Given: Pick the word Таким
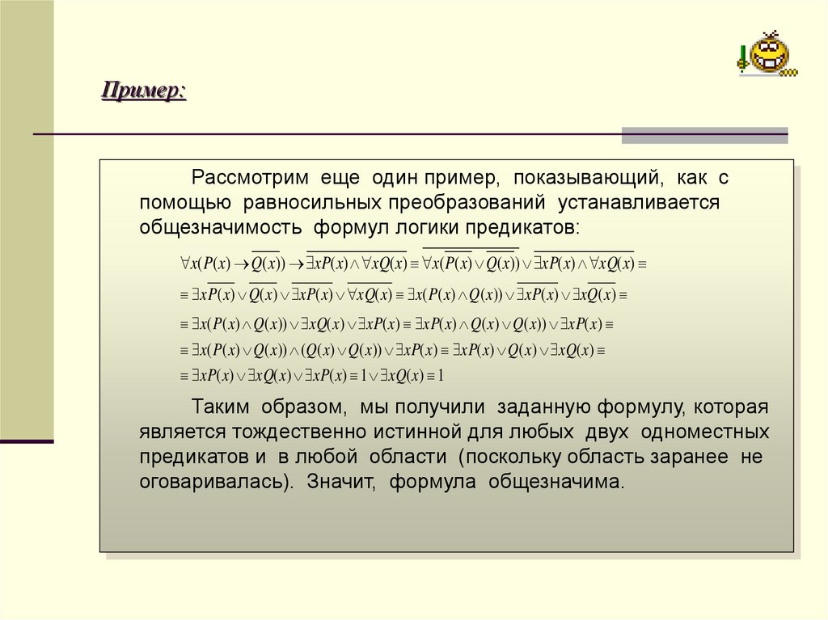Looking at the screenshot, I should pos(218,407).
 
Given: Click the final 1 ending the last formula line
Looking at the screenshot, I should pos(441,377).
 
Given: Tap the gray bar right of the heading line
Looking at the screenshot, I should pos(703,135).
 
